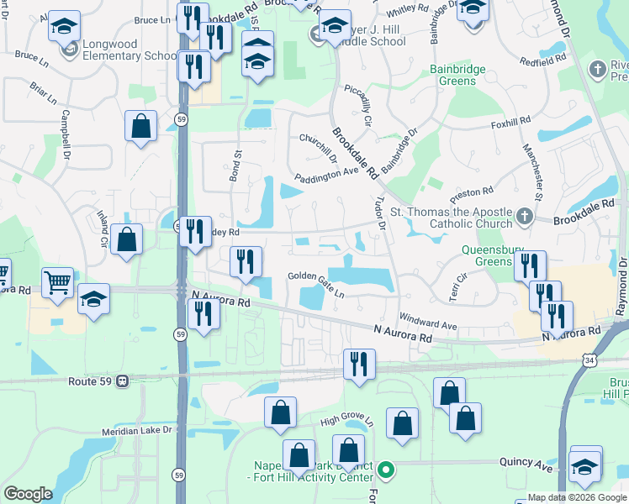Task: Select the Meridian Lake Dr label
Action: [x=136, y=430]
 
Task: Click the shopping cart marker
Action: [x=57, y=283]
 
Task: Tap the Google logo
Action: [x=28, y=494]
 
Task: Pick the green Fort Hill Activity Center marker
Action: [x=386, y=470]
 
